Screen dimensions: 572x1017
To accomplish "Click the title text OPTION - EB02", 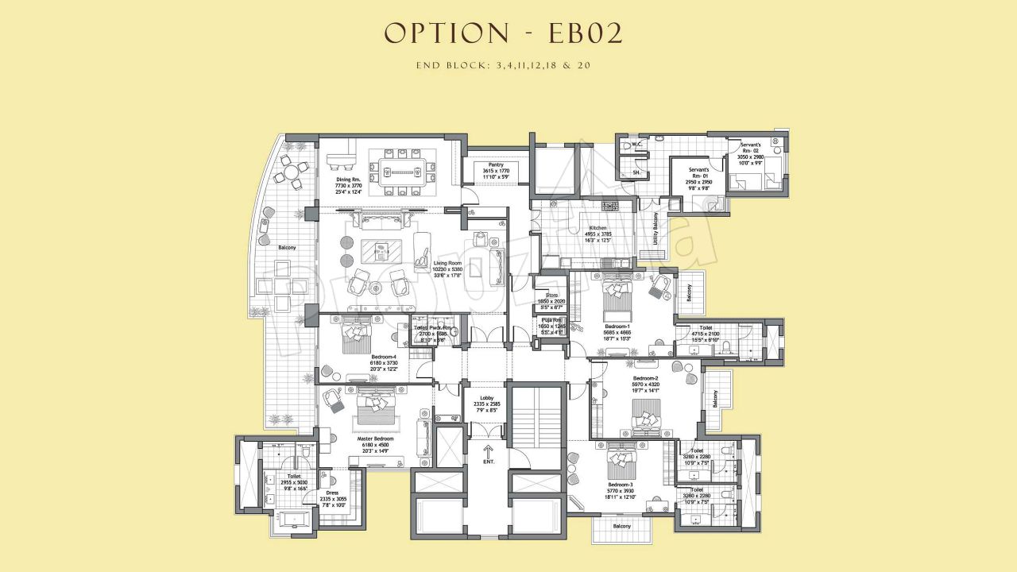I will coord(503,33).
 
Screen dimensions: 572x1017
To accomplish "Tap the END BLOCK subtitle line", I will coord(503,65).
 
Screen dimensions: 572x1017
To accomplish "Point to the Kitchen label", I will coord(597,229).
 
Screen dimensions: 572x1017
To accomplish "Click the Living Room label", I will coord(447,263).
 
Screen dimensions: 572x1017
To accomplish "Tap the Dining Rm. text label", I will coord(348,180).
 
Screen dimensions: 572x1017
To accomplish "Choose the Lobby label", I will coord(487,398).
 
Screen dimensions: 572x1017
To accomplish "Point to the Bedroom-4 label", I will coord(383,357).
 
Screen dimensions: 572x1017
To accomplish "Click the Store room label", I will coord(551,296).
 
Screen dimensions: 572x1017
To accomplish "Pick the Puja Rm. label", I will coord(551,320).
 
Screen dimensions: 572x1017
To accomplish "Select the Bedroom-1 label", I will coord(617,327).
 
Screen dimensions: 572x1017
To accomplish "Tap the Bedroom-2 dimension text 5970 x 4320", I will coord(645,385).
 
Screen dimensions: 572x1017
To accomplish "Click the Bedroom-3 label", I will coord(621,485).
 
